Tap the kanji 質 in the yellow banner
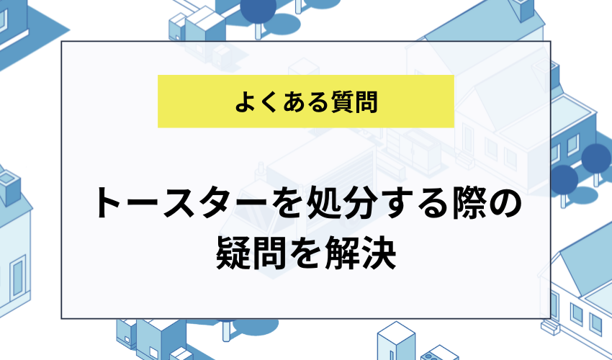[x=336, y=102]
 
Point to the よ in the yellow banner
[x=244, y=102]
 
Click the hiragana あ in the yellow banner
[x=289, y=102]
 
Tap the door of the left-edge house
[x=17, y=277]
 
